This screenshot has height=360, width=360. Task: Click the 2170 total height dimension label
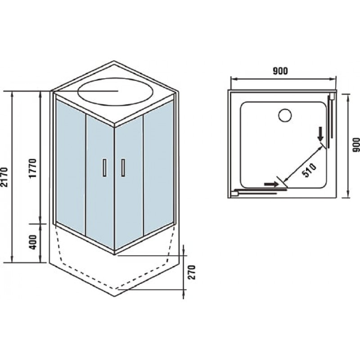[4, 177]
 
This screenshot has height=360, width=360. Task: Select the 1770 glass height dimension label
[33, 168]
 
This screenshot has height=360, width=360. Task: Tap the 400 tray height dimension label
[33, 242]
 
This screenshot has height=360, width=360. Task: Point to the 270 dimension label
[192, 272]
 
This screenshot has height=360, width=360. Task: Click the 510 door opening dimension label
[309, 170]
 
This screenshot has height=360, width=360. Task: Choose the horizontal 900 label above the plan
[280, 71]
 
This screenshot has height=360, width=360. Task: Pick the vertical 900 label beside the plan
[356, 145]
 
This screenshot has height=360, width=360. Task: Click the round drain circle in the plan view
[285, 115]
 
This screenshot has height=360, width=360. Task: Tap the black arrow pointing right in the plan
[271, 184]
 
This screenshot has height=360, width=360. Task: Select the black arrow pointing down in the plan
[320, 135]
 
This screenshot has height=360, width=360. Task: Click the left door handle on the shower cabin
[104, 167]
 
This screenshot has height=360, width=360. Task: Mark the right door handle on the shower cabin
[123, 167]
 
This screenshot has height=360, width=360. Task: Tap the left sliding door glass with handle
[100, 182]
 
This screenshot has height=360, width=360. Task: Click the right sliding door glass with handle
[129, 182]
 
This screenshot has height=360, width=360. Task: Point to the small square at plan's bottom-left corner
[234, 193]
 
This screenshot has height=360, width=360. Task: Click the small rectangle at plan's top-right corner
[332, 96]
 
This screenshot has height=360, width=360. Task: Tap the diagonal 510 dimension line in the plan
[303, 164]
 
